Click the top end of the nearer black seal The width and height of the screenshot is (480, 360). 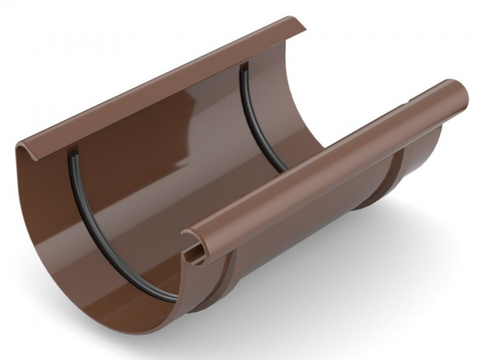coord(73,154)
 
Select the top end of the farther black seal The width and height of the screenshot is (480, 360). coord(244,68)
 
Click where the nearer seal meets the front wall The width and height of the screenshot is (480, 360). coord(176,298)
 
